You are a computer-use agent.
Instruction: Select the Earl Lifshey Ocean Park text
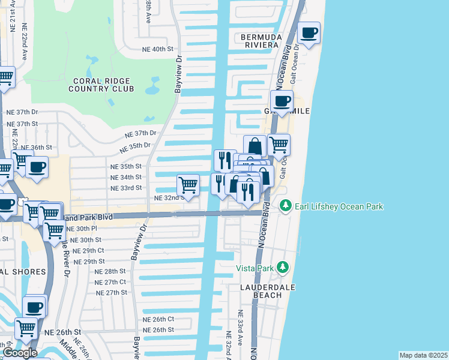pos(339,206)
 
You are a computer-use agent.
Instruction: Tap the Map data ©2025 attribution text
pos(423,355)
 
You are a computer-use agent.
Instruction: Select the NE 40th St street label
pos(157,49)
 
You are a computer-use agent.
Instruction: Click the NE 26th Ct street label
pos(158,319)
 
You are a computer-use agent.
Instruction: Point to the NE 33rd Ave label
pos(240,326)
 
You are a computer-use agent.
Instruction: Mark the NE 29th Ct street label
pos(88,250)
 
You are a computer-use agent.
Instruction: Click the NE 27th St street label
pos(112,292)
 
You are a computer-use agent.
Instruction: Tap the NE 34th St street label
pos(126,177)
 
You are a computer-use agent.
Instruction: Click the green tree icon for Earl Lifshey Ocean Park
pos(286,206)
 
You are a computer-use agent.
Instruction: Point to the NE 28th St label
pos(110,271)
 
